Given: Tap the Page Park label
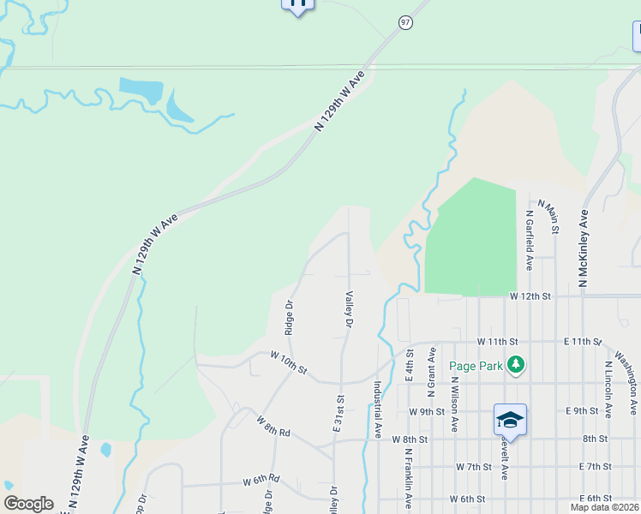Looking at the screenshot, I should [476, 366].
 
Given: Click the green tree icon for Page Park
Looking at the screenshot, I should [515, 365].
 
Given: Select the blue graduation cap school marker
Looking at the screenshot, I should [510, 419].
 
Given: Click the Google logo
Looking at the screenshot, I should [28, 504].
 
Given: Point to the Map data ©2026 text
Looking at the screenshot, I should [604, 507].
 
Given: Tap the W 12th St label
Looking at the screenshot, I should [529, 296].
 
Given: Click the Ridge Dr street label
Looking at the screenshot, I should [290, 317].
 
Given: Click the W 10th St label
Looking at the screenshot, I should [288, 362].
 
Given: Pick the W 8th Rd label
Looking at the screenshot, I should [274, 426].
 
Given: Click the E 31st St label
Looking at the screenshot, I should [339, 413].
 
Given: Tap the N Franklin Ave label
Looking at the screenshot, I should [409, 475].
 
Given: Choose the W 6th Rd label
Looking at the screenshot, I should [261, 480].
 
